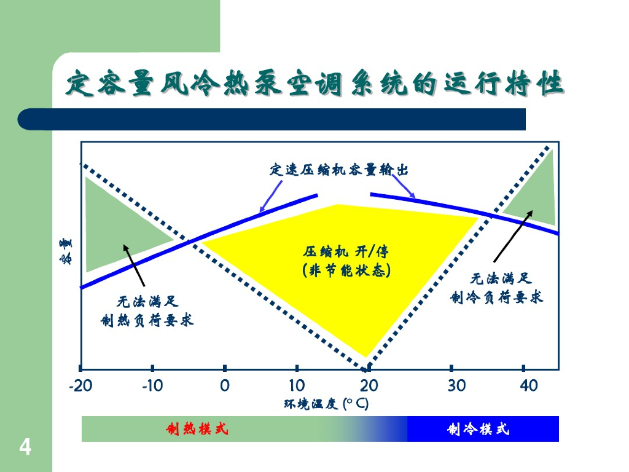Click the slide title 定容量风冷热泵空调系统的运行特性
(314, 84)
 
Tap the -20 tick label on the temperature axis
(80, 386)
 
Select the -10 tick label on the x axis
(152, 386)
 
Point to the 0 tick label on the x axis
(225, 386)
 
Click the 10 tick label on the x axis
(297, 386)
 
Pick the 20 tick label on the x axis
(369, 386)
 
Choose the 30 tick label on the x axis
(457, 386)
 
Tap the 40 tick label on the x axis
(528, 386)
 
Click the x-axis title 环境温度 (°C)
(326, 404)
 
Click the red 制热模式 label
(197, 429)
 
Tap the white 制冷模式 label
(479, 429)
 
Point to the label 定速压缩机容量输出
(339, 170)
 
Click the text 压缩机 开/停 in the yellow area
(346, 251)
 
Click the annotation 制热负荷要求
(147, 320)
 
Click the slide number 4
(25, 447)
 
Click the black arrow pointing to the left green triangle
(135, 265)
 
